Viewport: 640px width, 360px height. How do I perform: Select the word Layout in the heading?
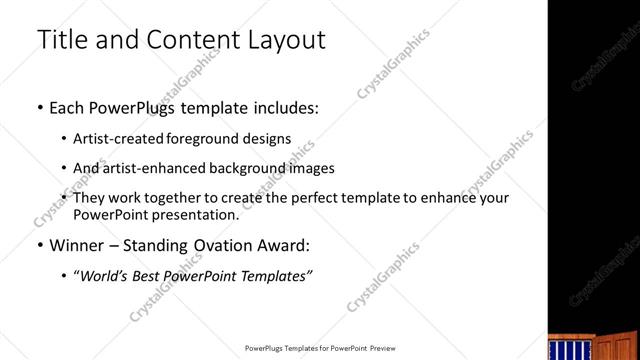click(x=285, y=40)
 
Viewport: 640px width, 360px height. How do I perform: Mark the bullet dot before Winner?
click(x=39, y=245)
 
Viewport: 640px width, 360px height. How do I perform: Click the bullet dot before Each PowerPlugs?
click(x=39, y=107)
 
